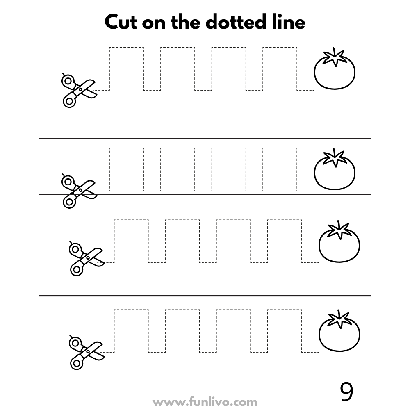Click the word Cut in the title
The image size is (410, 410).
pos(121,22)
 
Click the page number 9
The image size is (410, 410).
pos(346,392)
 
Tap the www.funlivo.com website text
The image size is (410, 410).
pos(205,402)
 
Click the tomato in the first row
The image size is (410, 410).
pos(335,68)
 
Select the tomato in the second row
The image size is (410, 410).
pos(335,169)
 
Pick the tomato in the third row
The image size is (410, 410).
pos(339,241)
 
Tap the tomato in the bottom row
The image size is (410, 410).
pos(339,330)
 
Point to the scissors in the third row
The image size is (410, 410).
pos(87,258)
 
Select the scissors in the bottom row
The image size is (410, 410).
pos(87,352)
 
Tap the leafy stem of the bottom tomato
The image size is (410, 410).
pos(339,319)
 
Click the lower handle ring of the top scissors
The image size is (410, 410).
pos(69,101)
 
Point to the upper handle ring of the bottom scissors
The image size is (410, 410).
pos(75,343)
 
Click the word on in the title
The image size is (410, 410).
pos(154,23)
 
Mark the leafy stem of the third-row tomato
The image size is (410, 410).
pos(339,230)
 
